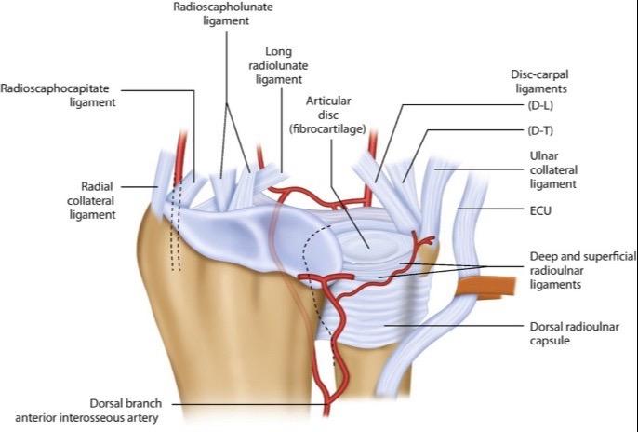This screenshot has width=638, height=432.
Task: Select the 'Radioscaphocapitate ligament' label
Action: pos(59,97)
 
